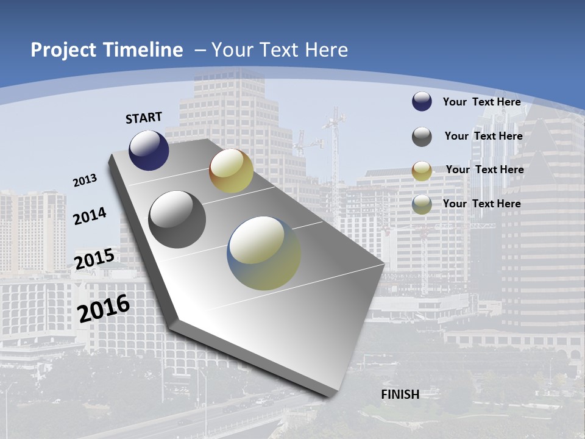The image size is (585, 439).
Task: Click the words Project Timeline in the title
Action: [107, 50]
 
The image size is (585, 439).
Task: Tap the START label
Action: [144, 118]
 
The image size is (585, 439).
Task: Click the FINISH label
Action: [400, 394]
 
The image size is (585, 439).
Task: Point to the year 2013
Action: [85, 180]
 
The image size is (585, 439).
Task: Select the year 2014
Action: [90, 216]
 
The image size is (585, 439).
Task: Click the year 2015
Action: [94, 259]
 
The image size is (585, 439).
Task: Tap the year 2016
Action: [104, 309]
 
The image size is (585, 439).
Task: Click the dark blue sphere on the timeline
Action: [149, 150]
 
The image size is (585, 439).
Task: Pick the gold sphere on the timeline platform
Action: [231, 171]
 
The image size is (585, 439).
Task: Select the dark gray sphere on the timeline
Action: [177, 219]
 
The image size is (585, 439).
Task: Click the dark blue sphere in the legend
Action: [422, 101]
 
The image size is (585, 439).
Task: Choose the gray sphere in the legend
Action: [422, 137]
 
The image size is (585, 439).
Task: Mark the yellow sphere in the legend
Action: [422, 171]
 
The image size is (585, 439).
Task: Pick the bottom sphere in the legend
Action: [422, 204]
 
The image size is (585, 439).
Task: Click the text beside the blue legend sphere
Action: [481, 102]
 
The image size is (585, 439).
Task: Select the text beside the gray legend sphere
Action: [483, 136]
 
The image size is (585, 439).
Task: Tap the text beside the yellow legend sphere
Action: [484, 170]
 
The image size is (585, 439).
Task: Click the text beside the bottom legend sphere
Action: [481, 204]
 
